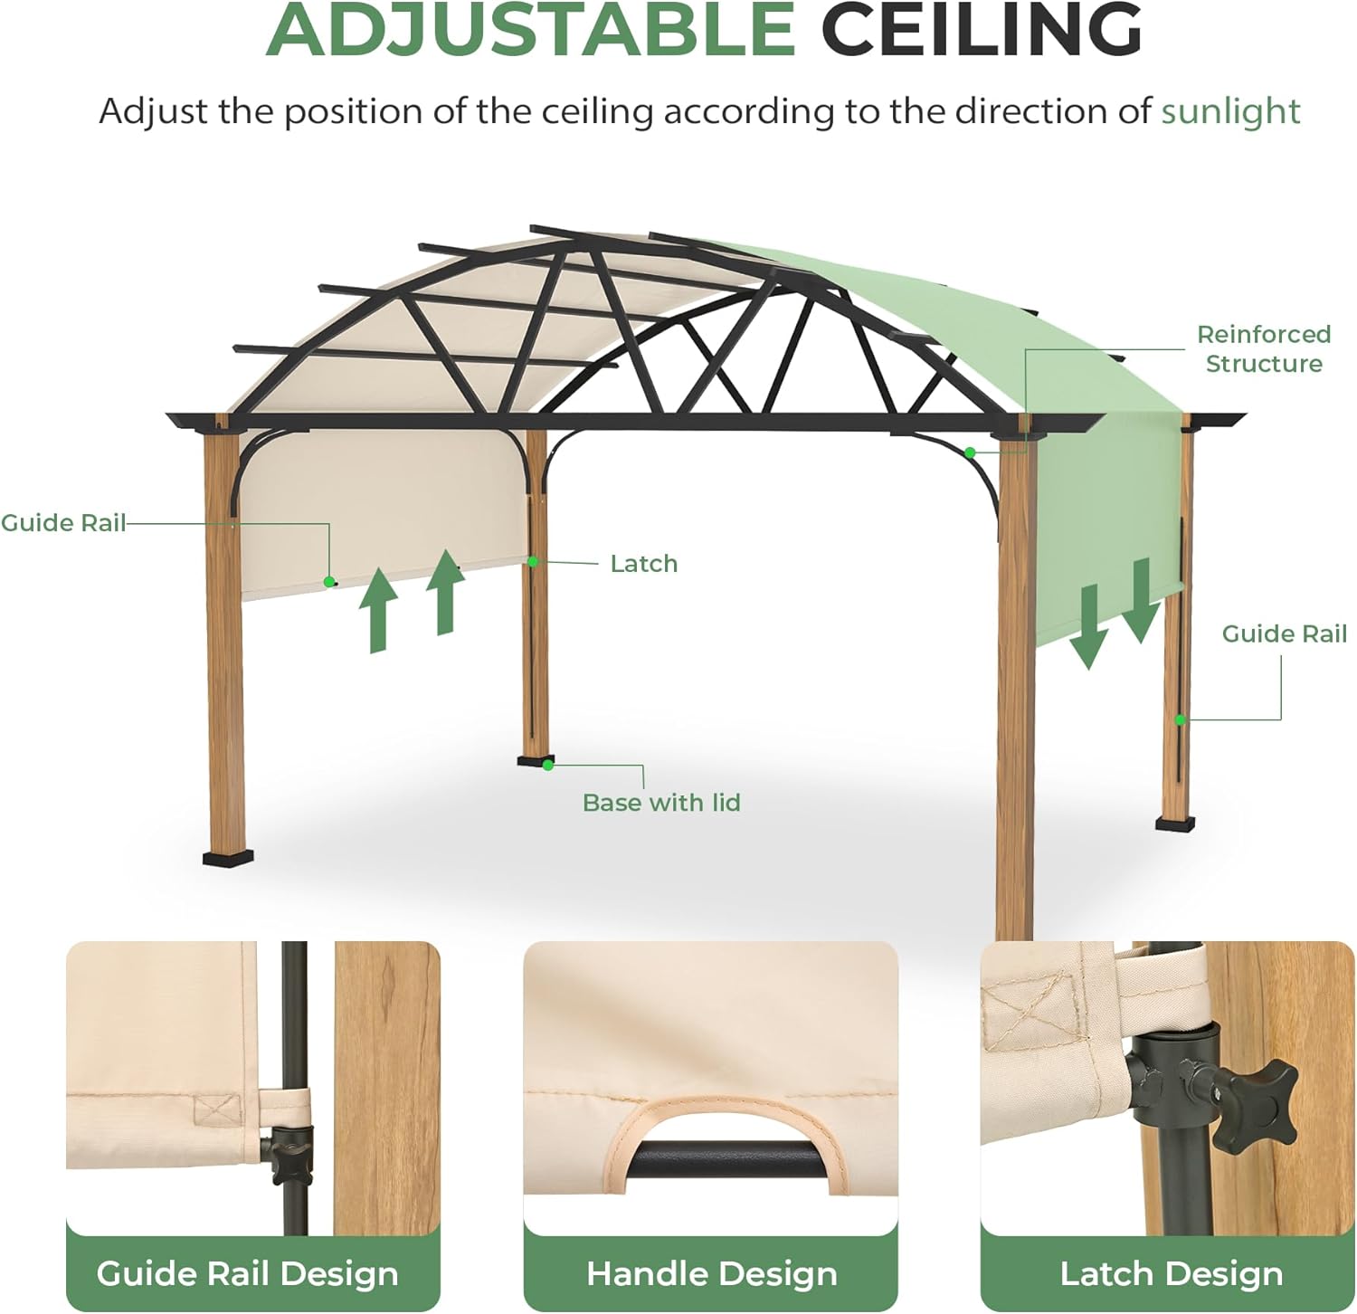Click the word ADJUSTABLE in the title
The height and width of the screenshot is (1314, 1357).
[530, 30]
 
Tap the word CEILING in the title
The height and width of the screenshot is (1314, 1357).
[982, 30]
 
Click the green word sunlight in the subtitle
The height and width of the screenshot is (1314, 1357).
[1230, 111]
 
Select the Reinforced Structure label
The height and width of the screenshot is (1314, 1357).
[1264, 349]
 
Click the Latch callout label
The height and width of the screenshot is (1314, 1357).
[643, 564]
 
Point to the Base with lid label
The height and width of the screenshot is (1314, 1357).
[661, 803]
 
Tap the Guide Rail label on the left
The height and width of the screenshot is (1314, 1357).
[63, 523]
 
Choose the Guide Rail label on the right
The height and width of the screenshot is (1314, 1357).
[1284, 633]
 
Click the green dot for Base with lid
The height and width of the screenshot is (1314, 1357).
[548, 766]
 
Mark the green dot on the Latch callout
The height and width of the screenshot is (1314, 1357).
[534, 562]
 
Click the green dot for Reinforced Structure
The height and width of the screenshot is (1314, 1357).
[970, 452]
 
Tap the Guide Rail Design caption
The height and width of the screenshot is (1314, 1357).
[247, 1273]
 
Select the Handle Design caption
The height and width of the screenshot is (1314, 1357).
[711, 1273]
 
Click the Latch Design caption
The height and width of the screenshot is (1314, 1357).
[1171, 1273]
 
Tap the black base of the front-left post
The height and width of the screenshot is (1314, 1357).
[228, 856]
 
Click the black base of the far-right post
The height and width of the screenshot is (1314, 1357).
[1175, 823]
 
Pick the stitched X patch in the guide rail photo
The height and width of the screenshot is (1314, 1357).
[218, 1109]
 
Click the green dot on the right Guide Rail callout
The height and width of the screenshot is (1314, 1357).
[1181, 720]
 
